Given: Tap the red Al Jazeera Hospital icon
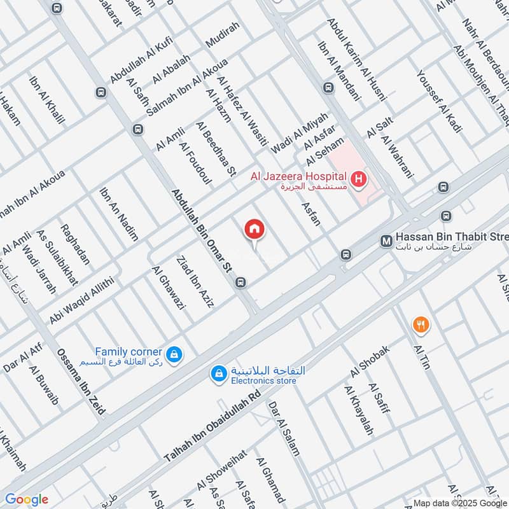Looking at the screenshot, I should pyautogui.click(x=359, y=179).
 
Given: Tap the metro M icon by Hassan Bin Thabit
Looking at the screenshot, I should pyautogui.click(x=386, y=241).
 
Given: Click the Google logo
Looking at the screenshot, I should pyautogui.click(x=26, y=499).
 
